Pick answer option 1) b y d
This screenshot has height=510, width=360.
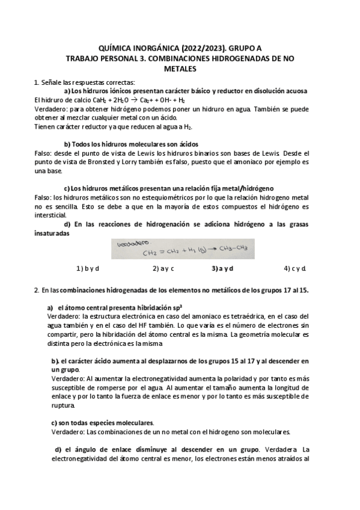click(88, 268)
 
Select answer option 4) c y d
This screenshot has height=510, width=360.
click(295, 268)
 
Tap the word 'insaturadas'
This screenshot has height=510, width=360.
click(52, 233)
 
